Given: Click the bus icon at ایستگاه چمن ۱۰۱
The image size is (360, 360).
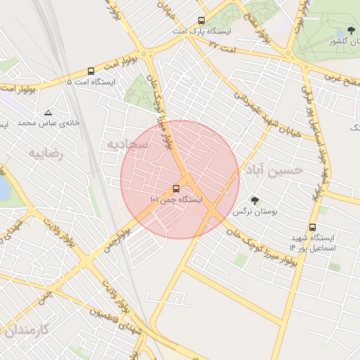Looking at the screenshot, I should [175, 188].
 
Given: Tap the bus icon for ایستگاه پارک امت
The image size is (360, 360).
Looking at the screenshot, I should [202, 21].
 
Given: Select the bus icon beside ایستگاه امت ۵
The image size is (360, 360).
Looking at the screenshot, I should [91, 71].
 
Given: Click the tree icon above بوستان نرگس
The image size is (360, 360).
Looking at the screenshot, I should [255, 200].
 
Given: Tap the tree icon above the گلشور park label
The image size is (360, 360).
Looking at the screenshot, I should [351, 31].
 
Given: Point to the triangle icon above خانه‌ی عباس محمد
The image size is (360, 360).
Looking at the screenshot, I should [48, 112].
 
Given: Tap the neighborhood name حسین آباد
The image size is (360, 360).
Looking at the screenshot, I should [275, 169].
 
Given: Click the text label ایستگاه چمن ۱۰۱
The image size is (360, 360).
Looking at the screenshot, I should [176, 200].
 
